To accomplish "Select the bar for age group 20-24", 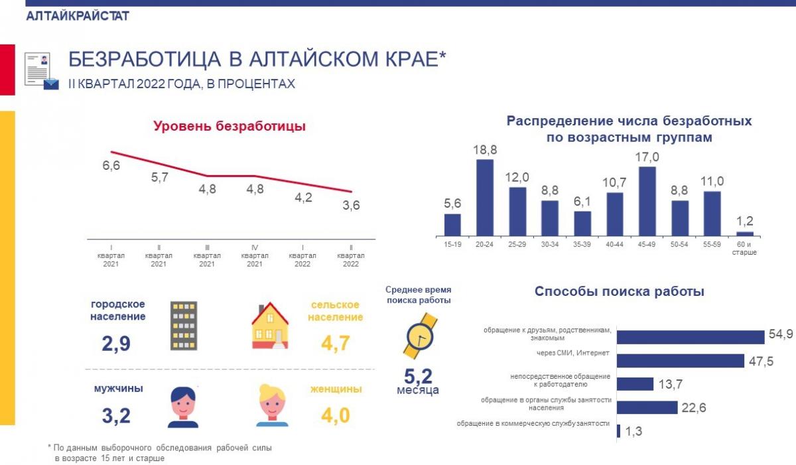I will click(485, 198).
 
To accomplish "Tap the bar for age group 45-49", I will click(647, 202).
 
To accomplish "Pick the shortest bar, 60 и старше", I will click(745, 233).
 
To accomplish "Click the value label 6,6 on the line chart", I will click(111, 166).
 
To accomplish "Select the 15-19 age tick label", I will click(452, 245).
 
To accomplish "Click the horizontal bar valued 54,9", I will click(691, 337).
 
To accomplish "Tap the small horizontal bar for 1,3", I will click(618, 431).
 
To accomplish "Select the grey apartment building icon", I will click(184, 325).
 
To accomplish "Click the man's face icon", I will click(183, 407).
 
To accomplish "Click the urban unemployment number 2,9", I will click(115, 344).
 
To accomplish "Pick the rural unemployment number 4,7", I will click(334, 344).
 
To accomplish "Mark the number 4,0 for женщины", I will click(334, 416).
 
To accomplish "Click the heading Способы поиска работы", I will click(620, 291).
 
